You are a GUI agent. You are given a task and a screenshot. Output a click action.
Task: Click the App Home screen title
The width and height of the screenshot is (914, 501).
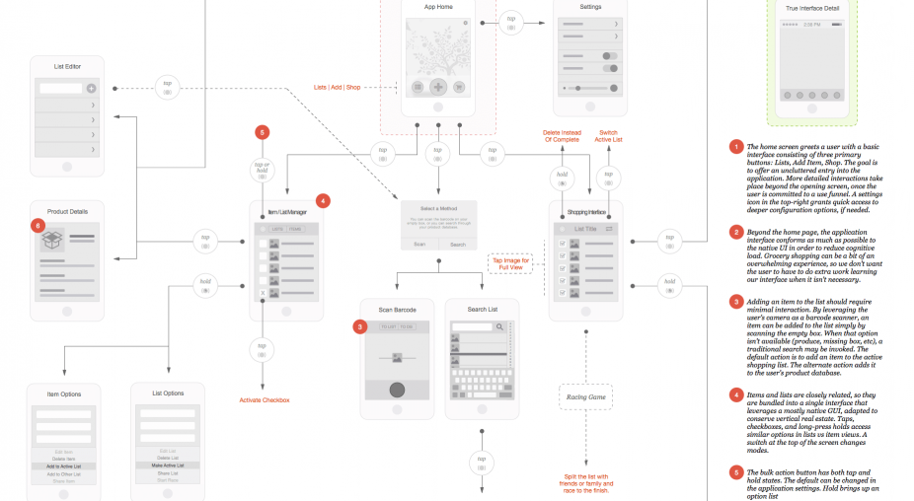pos(438,7)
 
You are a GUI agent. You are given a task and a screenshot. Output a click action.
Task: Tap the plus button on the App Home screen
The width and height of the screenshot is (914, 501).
pos(438,87)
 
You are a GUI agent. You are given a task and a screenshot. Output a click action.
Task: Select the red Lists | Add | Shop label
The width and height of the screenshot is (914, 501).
pos(338,87)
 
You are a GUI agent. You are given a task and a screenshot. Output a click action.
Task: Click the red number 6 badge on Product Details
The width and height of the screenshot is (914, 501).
pos(38,226)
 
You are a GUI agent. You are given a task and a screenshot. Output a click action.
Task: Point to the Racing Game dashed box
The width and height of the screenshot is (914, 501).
pos(585,398)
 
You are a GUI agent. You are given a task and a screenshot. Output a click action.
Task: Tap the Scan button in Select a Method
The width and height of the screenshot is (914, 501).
pos(419,244)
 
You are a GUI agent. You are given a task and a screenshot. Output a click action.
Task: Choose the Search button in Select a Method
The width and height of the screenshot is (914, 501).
pos(458,244)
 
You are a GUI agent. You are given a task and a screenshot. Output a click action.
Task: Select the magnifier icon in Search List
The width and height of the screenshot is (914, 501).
pos(500,326)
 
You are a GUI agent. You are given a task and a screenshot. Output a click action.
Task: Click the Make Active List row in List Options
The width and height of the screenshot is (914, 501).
pos(167,465)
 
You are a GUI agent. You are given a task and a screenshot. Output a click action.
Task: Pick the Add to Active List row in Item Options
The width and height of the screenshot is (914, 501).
pos(63,465)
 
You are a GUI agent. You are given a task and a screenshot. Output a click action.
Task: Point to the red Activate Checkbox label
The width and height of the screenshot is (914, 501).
pos(265,399)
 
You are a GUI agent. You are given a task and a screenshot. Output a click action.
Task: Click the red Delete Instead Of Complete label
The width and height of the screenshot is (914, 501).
pos(563,136)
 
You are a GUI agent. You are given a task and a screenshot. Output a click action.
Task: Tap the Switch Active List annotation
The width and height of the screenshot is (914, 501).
pos(609,136)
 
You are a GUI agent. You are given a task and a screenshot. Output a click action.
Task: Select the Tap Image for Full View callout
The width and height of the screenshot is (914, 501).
pos(511,263)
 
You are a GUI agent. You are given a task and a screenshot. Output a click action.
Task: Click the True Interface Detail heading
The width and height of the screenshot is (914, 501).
pos(812,8)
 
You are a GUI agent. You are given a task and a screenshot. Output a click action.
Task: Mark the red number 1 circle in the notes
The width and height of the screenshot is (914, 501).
pos(735,147)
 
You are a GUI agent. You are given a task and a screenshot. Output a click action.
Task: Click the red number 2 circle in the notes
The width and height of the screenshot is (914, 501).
pos(735,232)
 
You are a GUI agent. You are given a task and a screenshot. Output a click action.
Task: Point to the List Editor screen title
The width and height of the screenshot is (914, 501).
pos(67,66)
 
